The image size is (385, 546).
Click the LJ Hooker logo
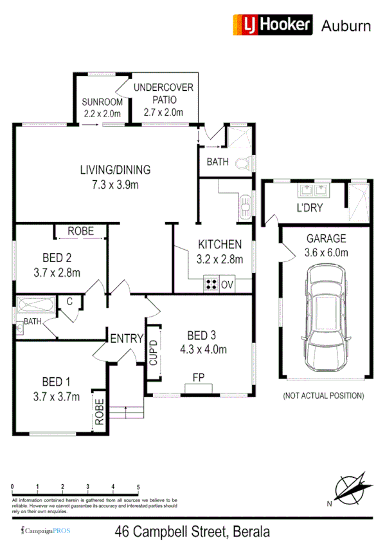[x=271, y=25]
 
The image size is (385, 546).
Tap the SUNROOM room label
[x=102, y=102]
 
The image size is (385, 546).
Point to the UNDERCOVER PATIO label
[x=163, y=88]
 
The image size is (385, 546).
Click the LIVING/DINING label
[x=115, y=170]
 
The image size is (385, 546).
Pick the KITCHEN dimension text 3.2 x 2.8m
[x=220, y=259]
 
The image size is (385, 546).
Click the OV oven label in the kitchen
[x=226, y=283]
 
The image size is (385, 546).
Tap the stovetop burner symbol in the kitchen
[x=210, y=283]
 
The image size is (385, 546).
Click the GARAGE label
[x=326, y=238]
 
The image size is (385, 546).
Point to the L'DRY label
[x=309, y=208]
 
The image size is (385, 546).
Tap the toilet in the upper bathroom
[x=242, y=164]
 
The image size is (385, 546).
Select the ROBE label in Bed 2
[x=81, y=231]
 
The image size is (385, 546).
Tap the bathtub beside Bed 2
[x=37, y=305]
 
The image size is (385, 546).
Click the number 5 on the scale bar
[x=138, y=487]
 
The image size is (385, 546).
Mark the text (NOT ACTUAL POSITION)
[x=323, y=395]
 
